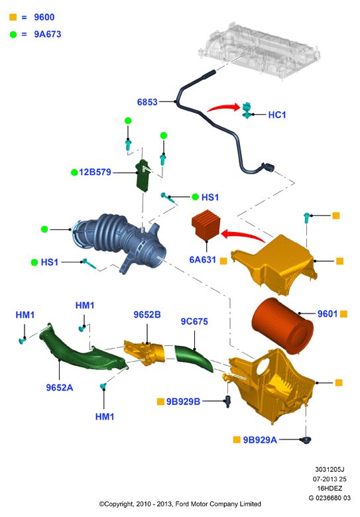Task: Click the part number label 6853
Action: click(x=147, y=102)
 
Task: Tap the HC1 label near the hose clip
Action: click(x=277, y=115)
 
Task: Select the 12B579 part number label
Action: click(x=95, y=172)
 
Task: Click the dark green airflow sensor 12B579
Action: click(x=143, y=175)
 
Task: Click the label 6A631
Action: click(x=202, y=260)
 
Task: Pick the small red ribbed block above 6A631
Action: click(x=206, y=224)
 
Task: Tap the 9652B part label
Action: click(x=147, y=315)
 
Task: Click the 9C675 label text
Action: click(x=194, y=321)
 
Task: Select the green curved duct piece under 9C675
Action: click(x=194, y=357)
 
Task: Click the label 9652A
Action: click(x=60, y=388)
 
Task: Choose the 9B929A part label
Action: click(x=260, y=440)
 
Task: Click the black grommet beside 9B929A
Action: click(x=306, y=440)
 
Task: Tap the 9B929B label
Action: click(x=183, y=402)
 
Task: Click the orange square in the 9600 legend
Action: click(x=13, y=17)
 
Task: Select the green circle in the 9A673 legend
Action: click(x=13, y=34)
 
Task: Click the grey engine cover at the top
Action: click(x=259, y=50)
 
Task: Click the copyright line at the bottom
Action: click(x=180, y=504)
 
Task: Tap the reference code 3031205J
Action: click(x=330, y=469)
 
